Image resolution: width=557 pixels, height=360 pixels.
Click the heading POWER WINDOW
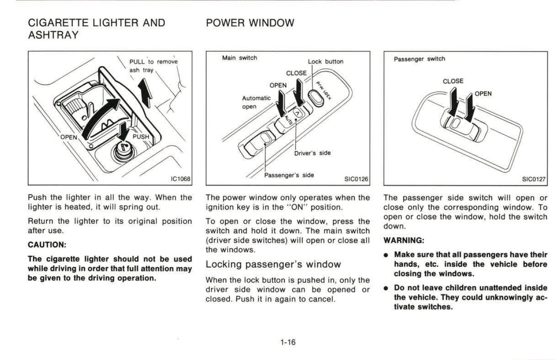coord(250,23)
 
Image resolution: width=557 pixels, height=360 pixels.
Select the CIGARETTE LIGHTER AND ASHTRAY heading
coord(96,29)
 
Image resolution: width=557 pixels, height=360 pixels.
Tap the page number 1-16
coord(288,342)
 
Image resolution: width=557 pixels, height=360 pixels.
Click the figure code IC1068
coord(181,179)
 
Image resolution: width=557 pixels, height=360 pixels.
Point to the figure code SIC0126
coord(356,179)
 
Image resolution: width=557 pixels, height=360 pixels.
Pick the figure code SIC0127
coord(534,179)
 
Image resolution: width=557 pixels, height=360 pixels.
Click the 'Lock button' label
coord(325,62)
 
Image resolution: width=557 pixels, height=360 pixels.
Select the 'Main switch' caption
coord(239,58)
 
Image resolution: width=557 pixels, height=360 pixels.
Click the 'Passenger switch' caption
coord(419,59)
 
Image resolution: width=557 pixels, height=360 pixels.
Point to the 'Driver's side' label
coord(312,153)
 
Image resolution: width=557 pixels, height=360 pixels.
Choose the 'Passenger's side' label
coord(289,175)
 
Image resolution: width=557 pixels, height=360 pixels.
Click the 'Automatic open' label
coord(256,102)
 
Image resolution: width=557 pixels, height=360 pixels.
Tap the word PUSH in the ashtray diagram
coord(140,136)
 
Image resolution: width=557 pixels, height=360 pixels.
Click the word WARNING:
coord(404,241)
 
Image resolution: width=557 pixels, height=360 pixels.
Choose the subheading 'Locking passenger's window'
coord(273,264)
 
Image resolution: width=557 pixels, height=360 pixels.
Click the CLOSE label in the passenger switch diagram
coord(453,81)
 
